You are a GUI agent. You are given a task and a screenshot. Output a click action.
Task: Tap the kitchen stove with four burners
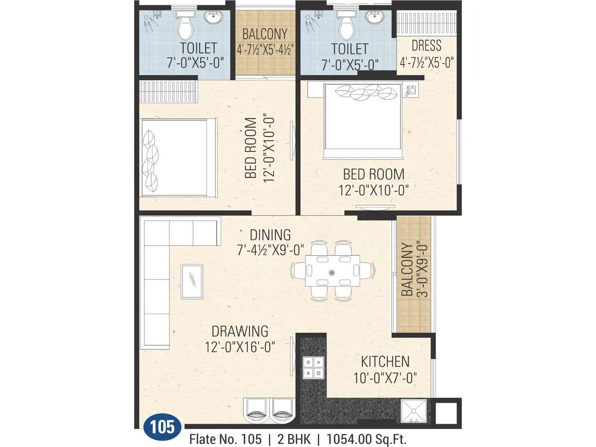point(313,367)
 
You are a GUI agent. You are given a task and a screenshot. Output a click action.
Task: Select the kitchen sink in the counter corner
point(413,411)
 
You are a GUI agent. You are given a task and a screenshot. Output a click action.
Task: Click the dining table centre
point(333,271)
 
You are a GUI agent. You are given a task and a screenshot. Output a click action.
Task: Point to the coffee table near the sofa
point(192,282)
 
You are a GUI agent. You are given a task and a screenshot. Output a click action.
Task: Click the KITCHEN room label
point(385,362)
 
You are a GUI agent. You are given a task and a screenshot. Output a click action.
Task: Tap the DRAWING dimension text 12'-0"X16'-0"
point(240,347)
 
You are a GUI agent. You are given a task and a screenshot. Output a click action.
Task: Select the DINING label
point(270,235)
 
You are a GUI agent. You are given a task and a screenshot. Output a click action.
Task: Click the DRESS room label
point(426,46)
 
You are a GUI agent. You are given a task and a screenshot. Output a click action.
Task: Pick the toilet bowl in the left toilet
point(185,28)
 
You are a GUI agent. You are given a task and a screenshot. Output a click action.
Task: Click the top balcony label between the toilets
point(265,34)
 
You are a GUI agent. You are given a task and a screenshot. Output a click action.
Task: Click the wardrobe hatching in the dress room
point(427,24)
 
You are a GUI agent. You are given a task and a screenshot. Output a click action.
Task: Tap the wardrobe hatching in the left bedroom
point(168,91)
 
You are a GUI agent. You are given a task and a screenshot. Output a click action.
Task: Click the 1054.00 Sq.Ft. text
point(366,439)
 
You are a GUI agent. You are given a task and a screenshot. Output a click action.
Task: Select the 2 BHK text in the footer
point(294,439)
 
